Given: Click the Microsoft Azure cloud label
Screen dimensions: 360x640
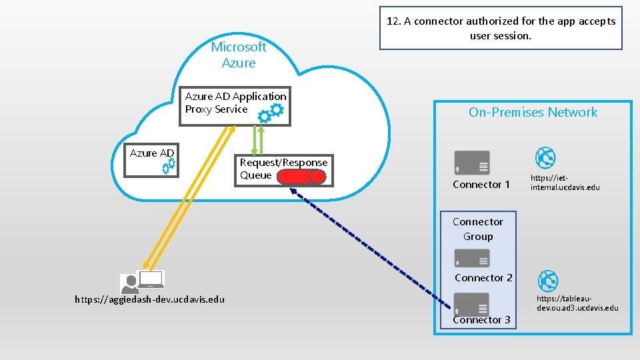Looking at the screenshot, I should [x=238, y=55].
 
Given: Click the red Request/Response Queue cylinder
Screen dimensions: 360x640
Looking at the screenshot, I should [x=302, y=177].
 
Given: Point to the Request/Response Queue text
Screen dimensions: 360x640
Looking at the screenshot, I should [x=283, y=169].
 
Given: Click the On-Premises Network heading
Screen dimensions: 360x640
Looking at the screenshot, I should [x=533, y=112].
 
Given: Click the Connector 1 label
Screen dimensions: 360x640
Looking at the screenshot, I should [x=481, y=185].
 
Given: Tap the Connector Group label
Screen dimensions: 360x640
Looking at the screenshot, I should [x=478, y=229].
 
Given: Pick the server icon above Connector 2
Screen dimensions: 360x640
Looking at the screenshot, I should [x=472, y=258].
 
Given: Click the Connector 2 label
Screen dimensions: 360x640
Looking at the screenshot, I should [x=483, y=277].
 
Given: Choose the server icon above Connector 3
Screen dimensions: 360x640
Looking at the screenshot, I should [x=472, y=303].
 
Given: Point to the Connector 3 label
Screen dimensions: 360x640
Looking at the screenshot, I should [x=481, y=320].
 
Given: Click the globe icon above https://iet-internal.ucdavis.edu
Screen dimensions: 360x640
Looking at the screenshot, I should [x=546, y=158].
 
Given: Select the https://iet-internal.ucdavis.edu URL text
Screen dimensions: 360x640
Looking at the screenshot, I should [x=565, y=183].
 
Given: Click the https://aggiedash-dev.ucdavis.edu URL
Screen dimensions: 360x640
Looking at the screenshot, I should [x=149, y=299].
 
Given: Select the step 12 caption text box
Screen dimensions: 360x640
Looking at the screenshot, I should [x=501, y=29].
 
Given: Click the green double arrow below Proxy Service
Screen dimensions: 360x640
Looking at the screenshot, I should [x=257, y=141].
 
